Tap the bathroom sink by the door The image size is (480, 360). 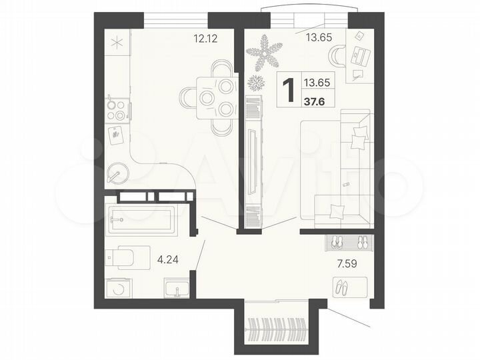point(177,288)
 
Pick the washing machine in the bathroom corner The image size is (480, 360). point(119,288)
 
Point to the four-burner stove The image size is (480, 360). point(117,109)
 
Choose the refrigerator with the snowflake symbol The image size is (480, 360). point(118,43)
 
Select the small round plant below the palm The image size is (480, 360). point(255,83)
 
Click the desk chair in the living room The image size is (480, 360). point(341,55)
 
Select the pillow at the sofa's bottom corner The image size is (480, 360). point(337,211)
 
